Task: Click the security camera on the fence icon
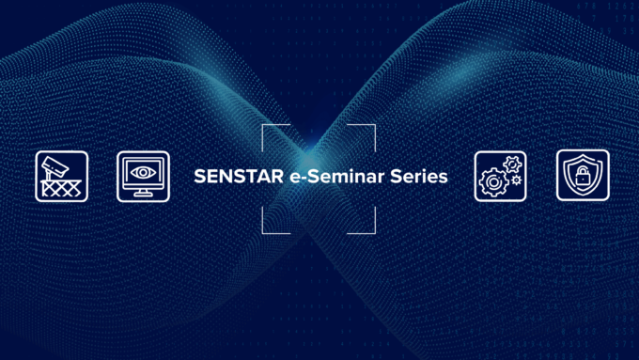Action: click(x=54, y=166)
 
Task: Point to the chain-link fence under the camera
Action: click(x=62, y=187)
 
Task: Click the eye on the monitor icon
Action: click(x=143, y=172)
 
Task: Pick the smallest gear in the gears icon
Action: click(x=516, y=179)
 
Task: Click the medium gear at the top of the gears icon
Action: click(x=511, y=163)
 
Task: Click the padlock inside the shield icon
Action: click(x=582, y=176)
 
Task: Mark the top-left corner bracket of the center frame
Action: click(x=267, y=130)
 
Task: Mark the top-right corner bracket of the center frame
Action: click(x=370, y=130)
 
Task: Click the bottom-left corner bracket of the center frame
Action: click(x=267, y=226)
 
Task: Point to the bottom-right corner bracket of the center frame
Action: click(x=370, y=226)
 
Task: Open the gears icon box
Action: click(x=501, y=176)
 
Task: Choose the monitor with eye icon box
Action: click(x=144, y=176)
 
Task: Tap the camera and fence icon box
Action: click(x=62, y=176)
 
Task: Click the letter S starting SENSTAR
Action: click(x=198, y=176)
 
